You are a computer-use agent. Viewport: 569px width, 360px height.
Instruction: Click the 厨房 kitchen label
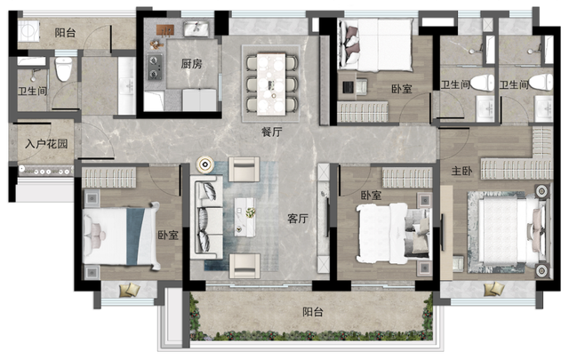[191, 64]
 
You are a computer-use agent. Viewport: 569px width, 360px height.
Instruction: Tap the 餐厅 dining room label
[271, 132]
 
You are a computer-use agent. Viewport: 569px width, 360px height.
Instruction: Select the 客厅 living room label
[298, 219]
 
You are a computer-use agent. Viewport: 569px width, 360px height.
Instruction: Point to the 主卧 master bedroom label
[461, 171]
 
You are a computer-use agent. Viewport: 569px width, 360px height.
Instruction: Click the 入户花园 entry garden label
[46, 144]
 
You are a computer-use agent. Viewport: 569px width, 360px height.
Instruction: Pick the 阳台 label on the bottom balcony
[313, 312]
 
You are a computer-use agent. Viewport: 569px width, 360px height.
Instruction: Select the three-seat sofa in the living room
[206, 217]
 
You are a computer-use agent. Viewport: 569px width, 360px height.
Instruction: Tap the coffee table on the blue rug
[244, 217]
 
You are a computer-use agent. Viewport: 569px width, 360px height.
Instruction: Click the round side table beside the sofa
[205, 165]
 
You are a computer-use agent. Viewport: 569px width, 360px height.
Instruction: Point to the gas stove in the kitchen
[155, 67]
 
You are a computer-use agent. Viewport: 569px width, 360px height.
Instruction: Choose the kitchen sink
[196, 29]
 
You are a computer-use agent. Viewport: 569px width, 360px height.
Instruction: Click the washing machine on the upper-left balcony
[28, 30]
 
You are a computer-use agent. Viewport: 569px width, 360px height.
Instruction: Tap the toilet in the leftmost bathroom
[63, 69]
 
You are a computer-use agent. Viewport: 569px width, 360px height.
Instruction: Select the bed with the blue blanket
[121, 236]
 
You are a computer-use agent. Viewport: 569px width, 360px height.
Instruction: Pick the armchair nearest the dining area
[244, 169]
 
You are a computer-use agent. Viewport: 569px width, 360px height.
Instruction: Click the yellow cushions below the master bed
[494, 289]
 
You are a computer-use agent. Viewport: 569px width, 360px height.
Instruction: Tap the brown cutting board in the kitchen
[166, 30]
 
